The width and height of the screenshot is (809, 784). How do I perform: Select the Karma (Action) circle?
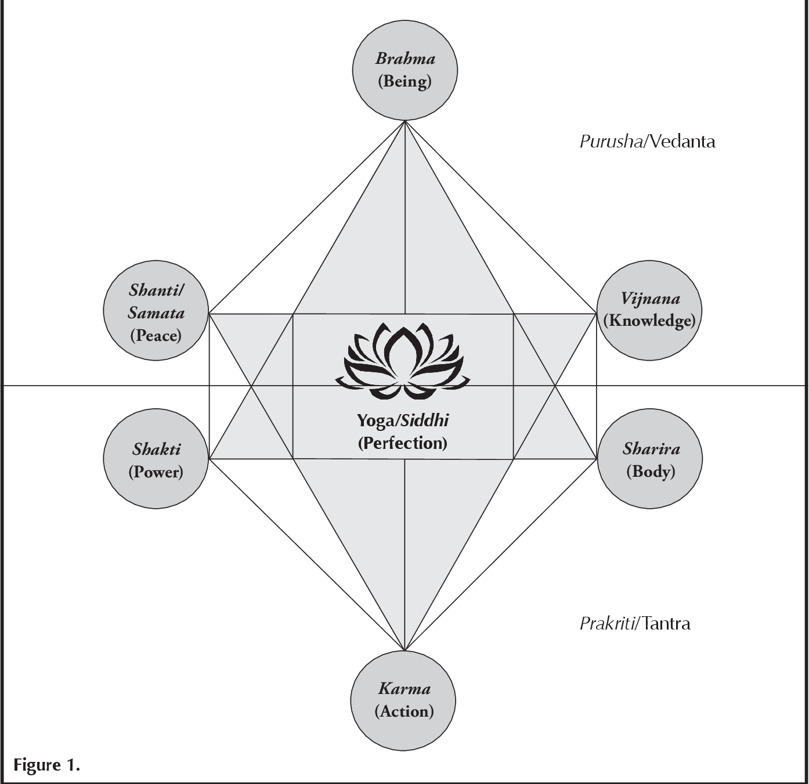pyautogui.click(x=403, y=700)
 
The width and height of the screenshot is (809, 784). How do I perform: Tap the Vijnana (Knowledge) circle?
pyautogui.click(x=649, y=310)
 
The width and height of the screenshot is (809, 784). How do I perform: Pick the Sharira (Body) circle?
pyautogui.click(x=650, y=459)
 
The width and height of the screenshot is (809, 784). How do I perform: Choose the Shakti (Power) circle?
pyautogui.click(x=156, y=459)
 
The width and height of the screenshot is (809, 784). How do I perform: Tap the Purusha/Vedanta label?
pyautogui.click(x=647, y=142)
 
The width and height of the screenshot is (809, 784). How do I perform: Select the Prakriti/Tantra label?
pyautogui.click(x=635, y=624)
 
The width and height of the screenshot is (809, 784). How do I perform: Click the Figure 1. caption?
pyautogui.click(x=46, y=765)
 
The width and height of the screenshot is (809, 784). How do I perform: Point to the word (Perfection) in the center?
pyautogui.click(x=402, y=443)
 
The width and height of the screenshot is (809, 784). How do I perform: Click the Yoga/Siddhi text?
pyautogui.click(x=402, y=420)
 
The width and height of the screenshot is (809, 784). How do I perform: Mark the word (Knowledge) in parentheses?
pyautogui.click(x=649, y=321)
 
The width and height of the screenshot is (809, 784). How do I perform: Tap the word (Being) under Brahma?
pyautogui.click(x=404, y=81)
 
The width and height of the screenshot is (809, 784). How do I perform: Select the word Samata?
pyautogui.click(x=156, y=313)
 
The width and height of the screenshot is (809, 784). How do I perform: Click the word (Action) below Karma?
pyautogui.click(x=404, y=711)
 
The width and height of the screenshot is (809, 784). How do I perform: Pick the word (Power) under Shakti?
pyautogui.click(x=156, y=472)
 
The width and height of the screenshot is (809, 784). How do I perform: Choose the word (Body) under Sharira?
pyautogui.click(x=651, y=471)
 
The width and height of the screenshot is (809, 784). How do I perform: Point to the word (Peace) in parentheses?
pyautogui.click(x=156, y=335)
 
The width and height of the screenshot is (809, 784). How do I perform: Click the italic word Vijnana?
pyautogui.click(x=650, y=299)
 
